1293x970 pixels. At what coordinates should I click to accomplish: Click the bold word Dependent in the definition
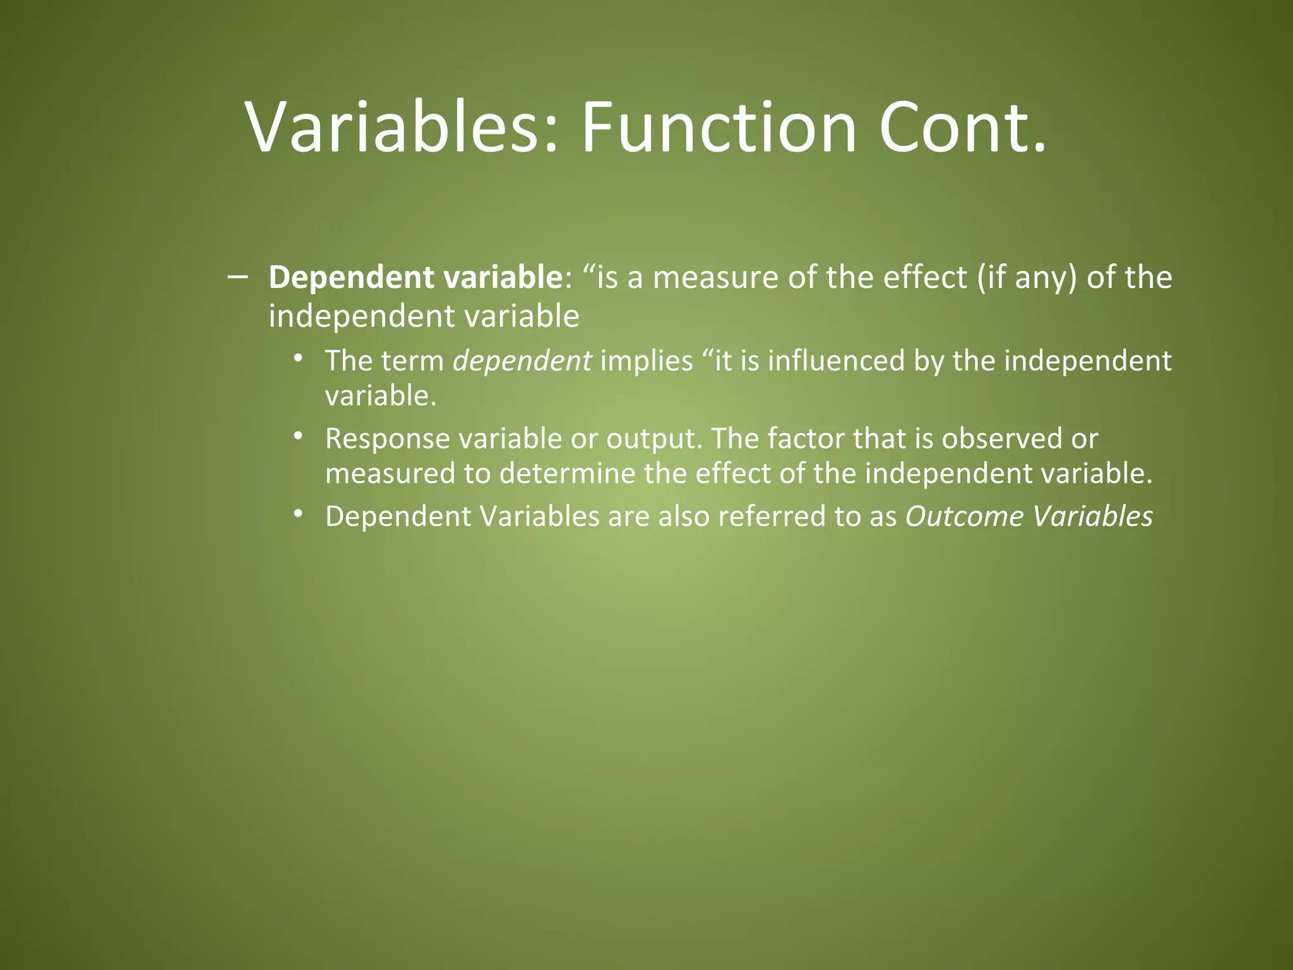(351, 278)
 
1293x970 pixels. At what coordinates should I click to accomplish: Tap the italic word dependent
(522, 361)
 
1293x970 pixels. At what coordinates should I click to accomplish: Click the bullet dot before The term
(298, 359)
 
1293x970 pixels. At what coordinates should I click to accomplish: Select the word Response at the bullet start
(387, 439)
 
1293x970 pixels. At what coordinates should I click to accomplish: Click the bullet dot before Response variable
(298, 436)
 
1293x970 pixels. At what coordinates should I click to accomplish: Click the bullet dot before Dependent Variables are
(298, 514)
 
